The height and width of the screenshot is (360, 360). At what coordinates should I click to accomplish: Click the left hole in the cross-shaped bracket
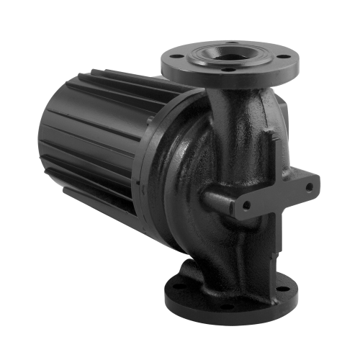click(247, 205)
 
